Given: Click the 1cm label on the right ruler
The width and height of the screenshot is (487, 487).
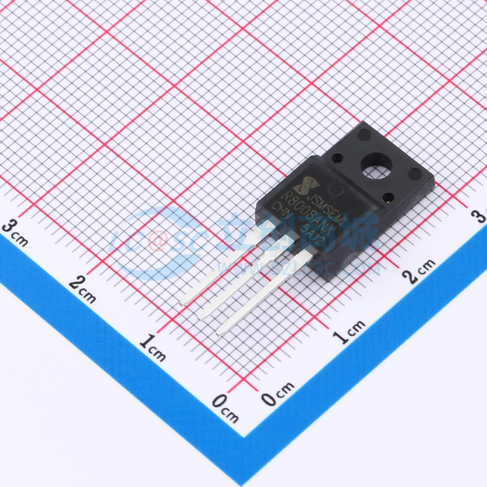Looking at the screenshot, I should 349,330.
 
